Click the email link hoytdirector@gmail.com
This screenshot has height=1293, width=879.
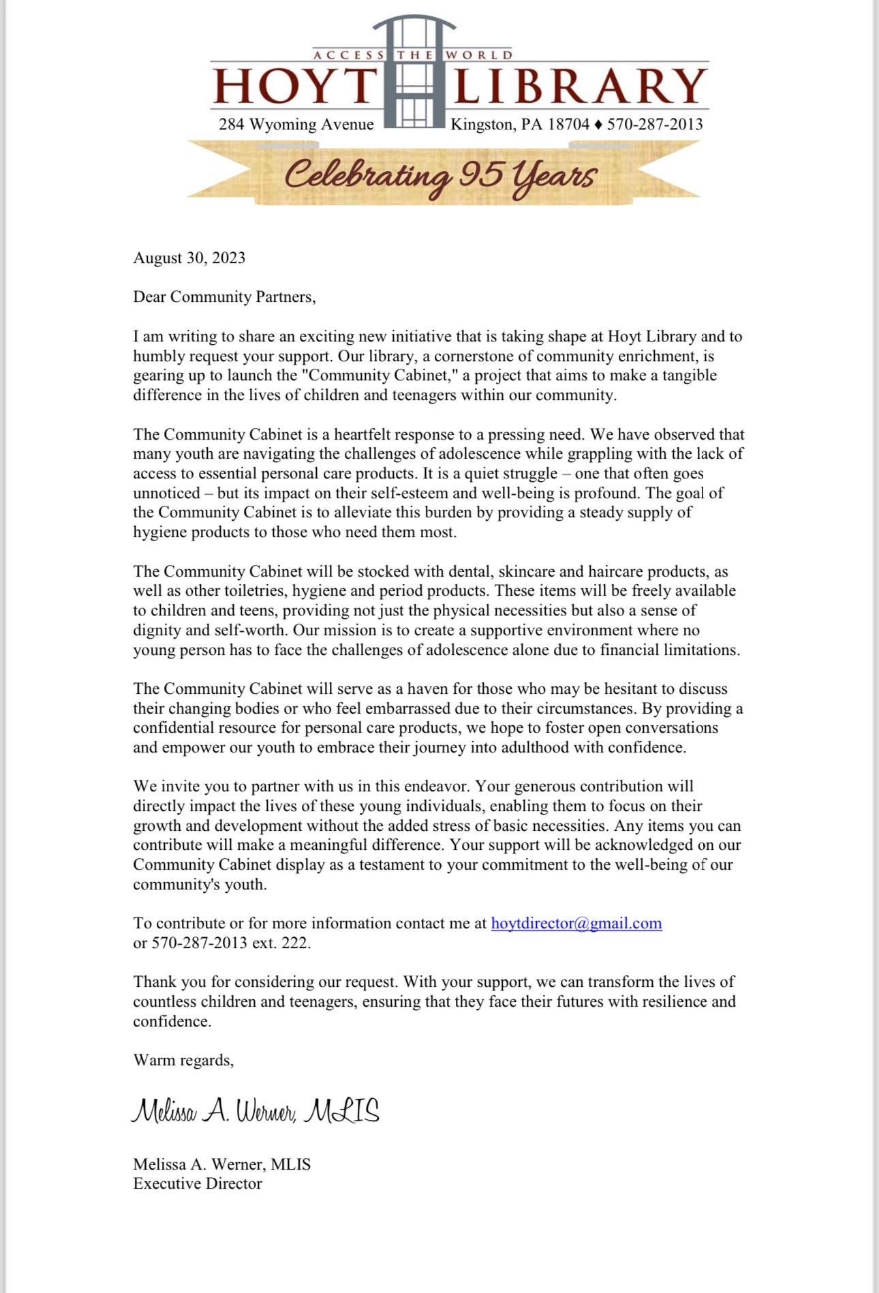(576, 924)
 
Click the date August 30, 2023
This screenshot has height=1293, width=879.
(189, 258)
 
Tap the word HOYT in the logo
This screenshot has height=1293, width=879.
(295, 86)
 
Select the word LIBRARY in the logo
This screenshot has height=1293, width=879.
(581, 86)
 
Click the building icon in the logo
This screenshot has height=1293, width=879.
(414, 72)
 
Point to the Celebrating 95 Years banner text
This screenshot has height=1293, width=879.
(441, 175)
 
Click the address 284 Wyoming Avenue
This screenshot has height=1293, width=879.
(296, 124)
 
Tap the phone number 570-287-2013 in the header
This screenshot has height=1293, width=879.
(655, 124)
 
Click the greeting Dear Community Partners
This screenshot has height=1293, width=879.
(224, 297)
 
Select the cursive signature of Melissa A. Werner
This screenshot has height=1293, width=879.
(255, 1111)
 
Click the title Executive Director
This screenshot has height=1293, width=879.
(197, 1184)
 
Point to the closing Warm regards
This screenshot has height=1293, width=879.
(183, 1061)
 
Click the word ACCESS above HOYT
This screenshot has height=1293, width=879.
(349, 55)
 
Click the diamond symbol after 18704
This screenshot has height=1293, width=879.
(598, 125)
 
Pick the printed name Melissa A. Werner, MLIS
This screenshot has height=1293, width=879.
(221, 1164)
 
